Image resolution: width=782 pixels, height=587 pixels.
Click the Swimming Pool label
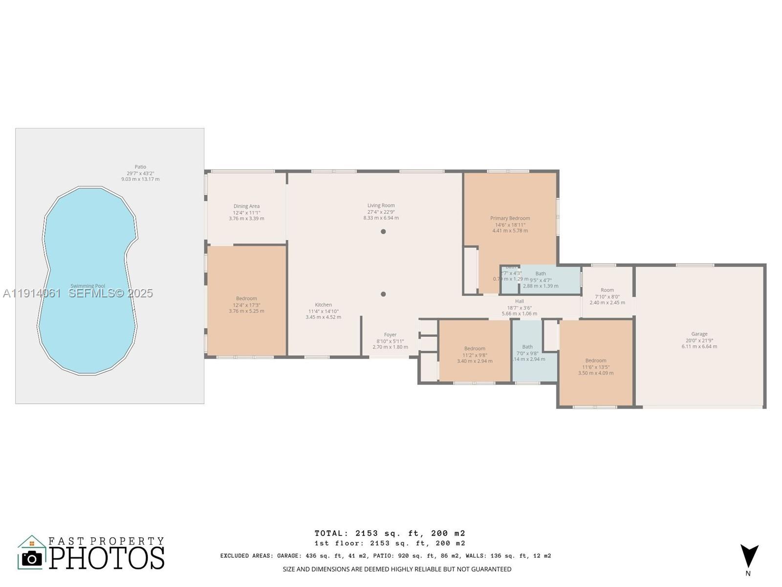87,286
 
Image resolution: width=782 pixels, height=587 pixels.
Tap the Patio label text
140,167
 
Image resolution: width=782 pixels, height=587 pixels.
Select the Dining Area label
246,206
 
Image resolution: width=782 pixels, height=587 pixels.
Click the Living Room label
381,205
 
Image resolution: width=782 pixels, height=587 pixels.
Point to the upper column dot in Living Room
383,231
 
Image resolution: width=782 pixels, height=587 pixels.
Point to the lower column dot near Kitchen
383,294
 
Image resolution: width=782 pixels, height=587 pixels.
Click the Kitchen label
323,305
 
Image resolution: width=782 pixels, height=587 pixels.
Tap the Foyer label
390,335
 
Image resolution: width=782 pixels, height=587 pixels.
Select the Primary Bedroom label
510,218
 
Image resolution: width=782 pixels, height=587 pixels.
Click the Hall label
519,301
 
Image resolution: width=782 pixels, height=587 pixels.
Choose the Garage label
699,334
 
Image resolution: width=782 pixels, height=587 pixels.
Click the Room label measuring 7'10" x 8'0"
607,290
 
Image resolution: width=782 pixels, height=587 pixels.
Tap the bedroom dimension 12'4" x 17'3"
246,305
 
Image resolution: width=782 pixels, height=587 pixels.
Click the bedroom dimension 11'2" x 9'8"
475,355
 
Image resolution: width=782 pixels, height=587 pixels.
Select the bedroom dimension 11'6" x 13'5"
595,367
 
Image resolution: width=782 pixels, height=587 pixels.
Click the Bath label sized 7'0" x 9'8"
527,347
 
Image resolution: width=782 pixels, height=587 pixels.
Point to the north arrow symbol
749,556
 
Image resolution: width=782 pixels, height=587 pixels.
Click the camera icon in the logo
32,558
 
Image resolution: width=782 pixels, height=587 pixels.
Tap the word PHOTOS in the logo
107,558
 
